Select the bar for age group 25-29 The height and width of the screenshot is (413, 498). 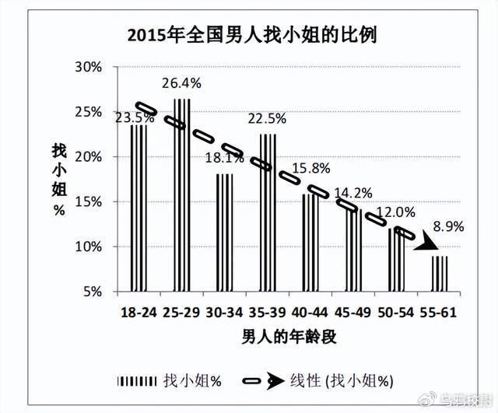click(181, 194)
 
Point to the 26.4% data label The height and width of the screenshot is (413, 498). click(181, 82)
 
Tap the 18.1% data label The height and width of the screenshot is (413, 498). click(224, 157)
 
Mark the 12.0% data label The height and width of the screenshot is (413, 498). click(397, 212)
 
